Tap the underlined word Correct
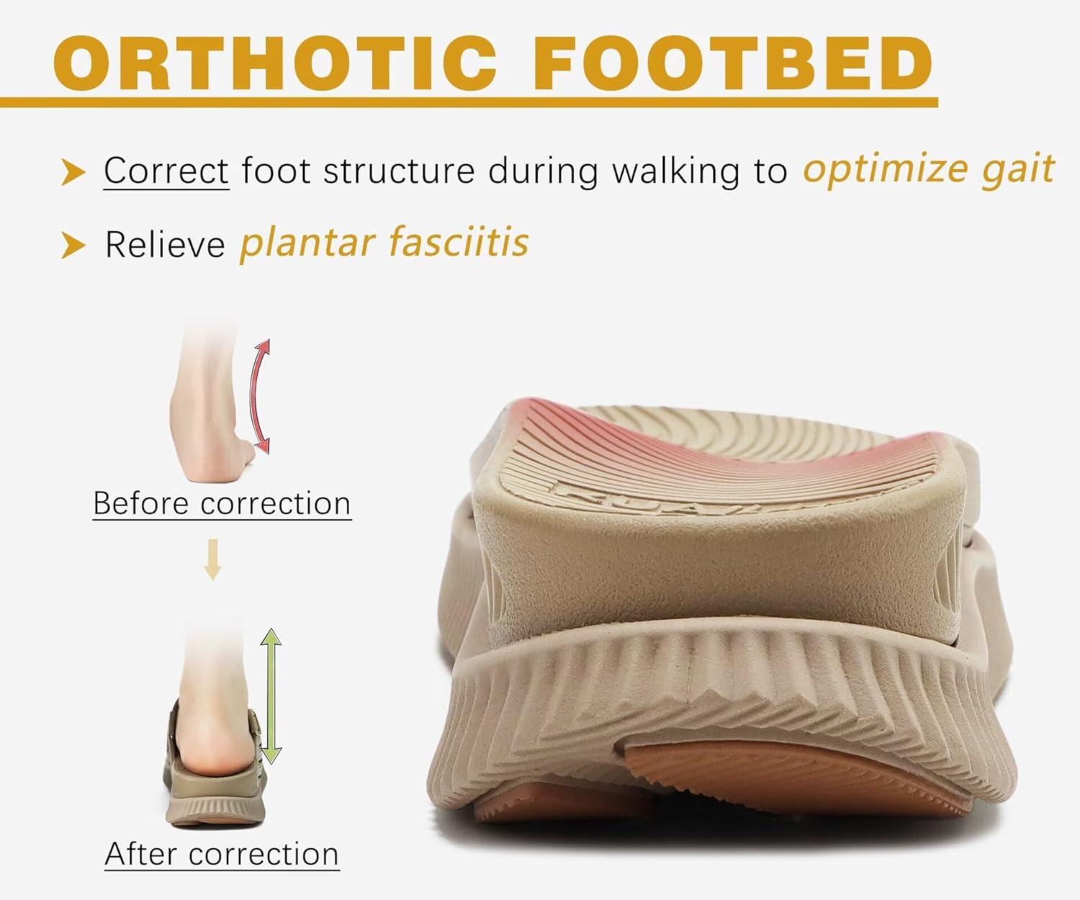[166, 170]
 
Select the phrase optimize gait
[929, 170]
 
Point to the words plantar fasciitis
[384, 243]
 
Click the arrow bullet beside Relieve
[73, 245]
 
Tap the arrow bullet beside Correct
[73, 172]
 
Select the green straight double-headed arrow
[271, 696]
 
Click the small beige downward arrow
[212, 559]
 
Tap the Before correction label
[222, 503]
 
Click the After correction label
[222, 853]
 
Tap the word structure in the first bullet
[399, 171]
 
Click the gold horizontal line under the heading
[469, 102]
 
